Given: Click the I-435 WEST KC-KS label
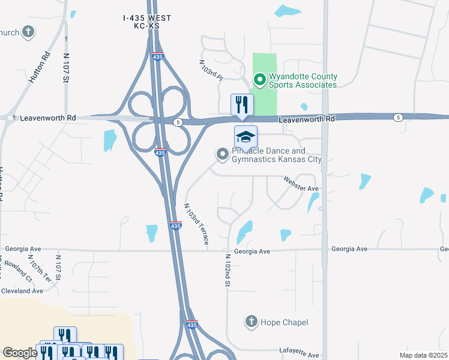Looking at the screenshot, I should (147, 23).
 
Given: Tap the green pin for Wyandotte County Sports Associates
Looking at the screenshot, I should (260, 79).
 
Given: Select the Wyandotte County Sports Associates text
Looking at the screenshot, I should (303, 80).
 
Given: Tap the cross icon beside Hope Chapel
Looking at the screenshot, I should (252, 322).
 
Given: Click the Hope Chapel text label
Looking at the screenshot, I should (284, 323).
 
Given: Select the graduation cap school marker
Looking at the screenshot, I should (245, 137).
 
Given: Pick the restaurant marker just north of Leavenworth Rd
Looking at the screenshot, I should (242, 105).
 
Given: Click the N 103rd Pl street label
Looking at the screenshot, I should (212, 71).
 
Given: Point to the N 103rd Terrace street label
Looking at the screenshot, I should (196, 223).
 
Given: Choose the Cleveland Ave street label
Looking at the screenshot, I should (22, 290).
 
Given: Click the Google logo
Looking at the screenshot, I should (20, 352).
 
